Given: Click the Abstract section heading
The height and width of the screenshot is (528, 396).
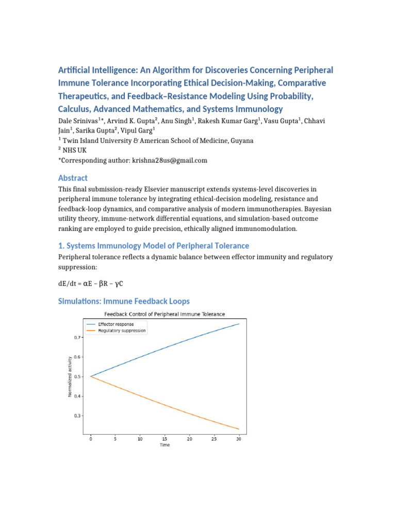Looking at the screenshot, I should coord(73,178).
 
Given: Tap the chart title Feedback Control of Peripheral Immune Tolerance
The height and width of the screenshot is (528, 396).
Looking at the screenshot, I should coord(164,314).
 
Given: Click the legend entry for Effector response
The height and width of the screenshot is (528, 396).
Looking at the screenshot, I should coord(116,324).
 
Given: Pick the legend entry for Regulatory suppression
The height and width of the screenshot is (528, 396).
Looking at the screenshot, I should coord(122,331).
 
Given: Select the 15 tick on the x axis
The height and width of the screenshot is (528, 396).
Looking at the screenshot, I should coord(164,439).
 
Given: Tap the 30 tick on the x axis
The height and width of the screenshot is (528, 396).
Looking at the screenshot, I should coord(239,439).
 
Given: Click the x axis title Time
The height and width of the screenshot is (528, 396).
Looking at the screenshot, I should coord(164,445).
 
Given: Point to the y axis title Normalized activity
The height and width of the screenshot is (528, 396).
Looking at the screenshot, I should coord(70,376).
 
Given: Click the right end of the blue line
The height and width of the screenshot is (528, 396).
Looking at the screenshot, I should coord(239,324).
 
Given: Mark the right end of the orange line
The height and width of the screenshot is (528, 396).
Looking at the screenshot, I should coord(239,429).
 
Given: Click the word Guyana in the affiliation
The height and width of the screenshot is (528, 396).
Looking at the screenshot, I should coord(241,140).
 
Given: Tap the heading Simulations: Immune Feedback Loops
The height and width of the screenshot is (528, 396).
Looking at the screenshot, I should coord(124,301).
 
